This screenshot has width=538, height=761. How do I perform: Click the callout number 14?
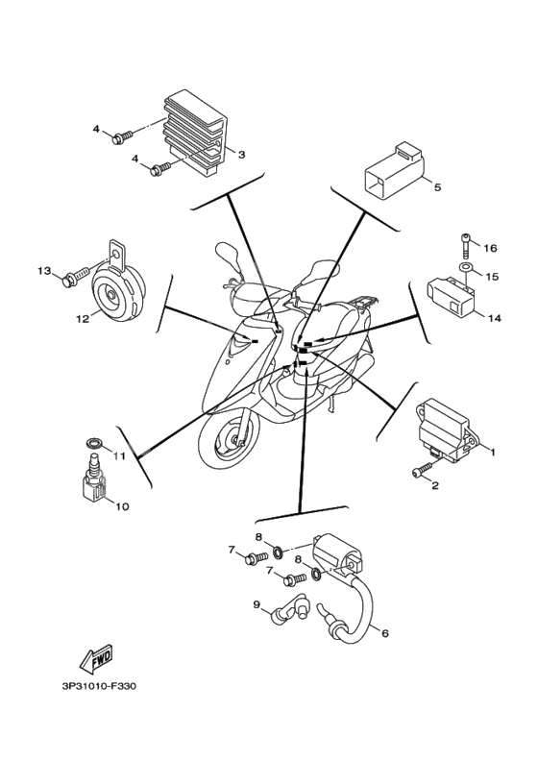tap(495, 318)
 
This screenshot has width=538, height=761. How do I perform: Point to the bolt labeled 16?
tap(464, 247)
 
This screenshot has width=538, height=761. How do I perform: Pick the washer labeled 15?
tap(464, 268)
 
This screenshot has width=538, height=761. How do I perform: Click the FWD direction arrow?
tap(96, 659)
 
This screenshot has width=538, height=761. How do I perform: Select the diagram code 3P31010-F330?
tap(99, 687)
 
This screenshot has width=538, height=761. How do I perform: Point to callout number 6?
tap(385, 633)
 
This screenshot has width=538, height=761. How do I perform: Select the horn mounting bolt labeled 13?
tap(77, 277)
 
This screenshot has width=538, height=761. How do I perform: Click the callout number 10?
tap(122, 506)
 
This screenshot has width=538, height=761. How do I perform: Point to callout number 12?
tap(83, 319)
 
